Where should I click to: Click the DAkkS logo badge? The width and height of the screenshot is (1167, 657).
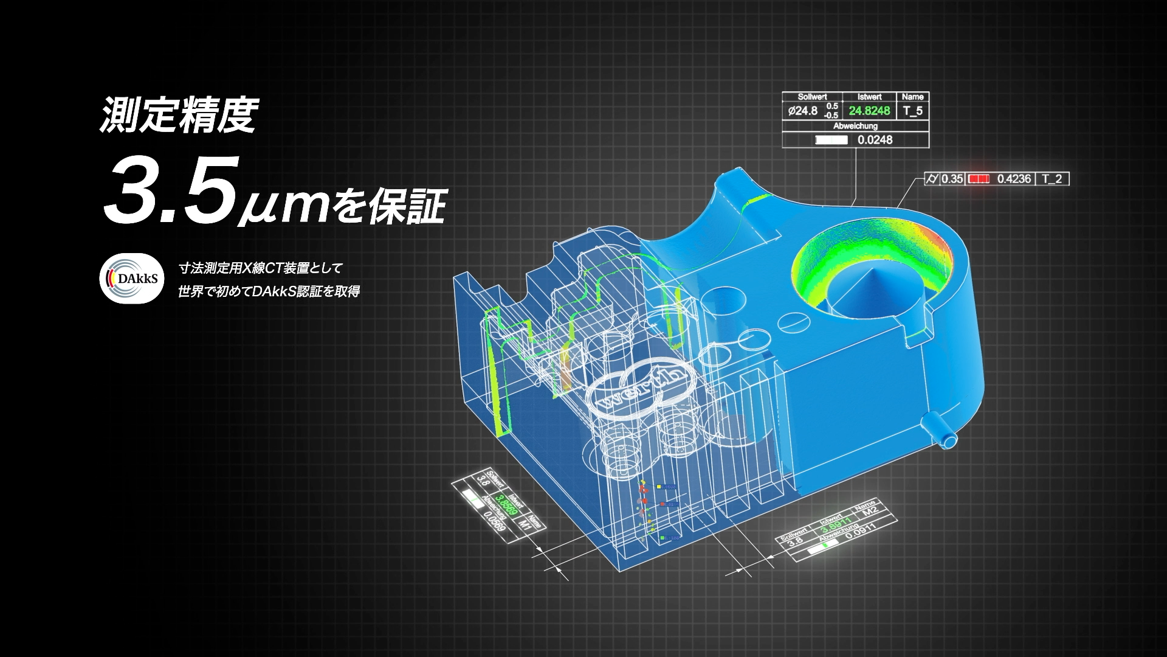pyautogui.click(x=132, y=278)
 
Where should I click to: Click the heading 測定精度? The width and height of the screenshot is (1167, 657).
pyautogui.click(x=179, y=115)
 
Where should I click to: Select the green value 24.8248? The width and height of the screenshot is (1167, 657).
pyautogui.click(x=869, y=110)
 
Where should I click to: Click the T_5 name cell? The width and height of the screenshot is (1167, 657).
pyautogui.click(x=912, y=110)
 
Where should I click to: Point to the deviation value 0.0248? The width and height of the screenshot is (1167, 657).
pyautogui.click(x=875, y=140)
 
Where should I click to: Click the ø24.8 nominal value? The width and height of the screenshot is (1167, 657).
pyautogui.click(x=802, y=111)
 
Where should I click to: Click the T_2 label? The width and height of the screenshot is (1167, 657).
pyautogui.click(x=1052, y=179)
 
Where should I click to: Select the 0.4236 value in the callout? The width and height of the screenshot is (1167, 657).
pyautogui.click(x=1014, y=179)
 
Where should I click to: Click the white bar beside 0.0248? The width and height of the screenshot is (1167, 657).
pyautogui.click(x=831, y=140)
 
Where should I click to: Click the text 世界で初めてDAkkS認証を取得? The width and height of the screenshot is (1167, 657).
pyautogui.click(x=269, y=291)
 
